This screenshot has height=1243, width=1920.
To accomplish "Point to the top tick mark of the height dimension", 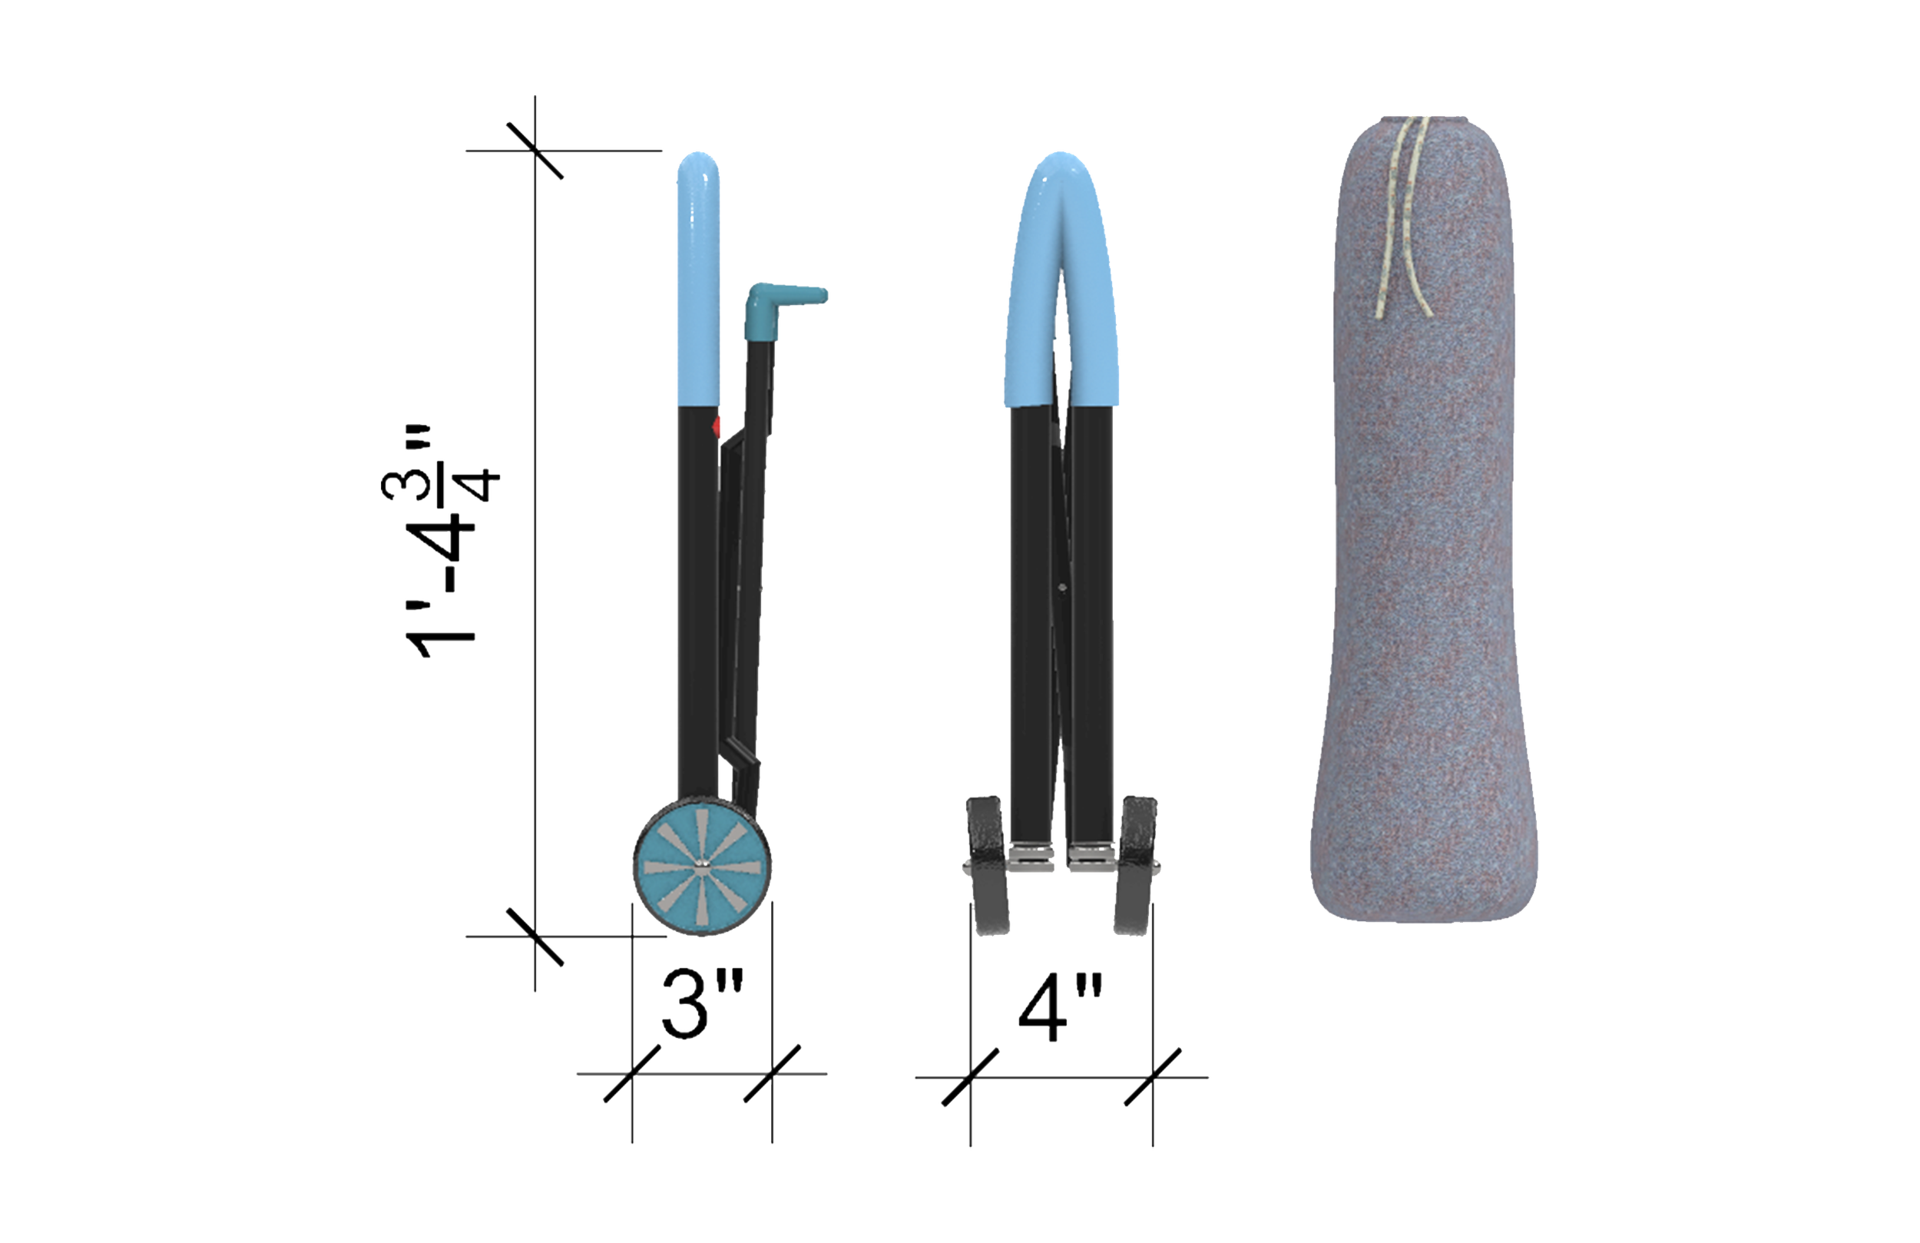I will pos(534,150).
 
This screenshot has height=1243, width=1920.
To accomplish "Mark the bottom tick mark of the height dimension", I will pos(534,937).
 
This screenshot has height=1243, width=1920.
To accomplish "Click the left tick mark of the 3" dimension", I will pos(631,1074).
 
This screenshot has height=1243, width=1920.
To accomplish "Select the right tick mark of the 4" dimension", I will pos(1153,1078).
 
